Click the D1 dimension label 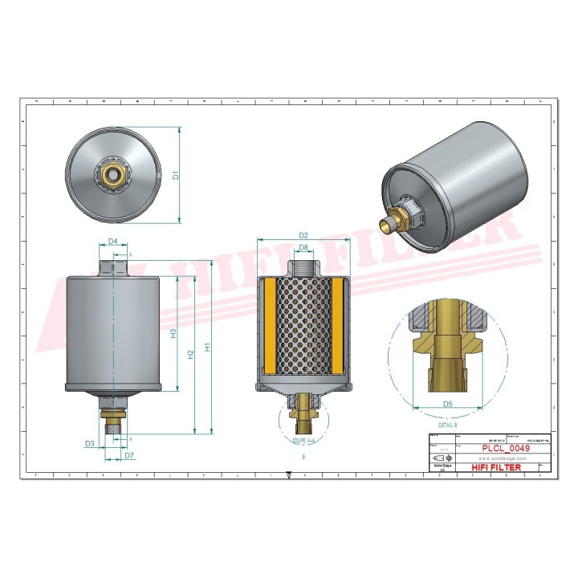point(175,175)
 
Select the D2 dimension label point(303,235)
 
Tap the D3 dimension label point(90,443)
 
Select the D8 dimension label point(303,247)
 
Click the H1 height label point(207,347)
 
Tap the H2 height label point(190,353)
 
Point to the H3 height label point(173,332)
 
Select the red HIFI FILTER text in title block point(495,467)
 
